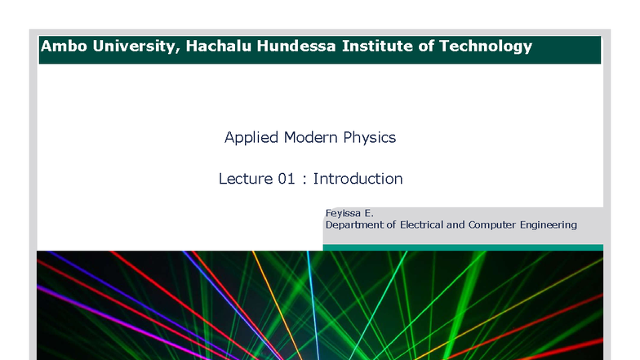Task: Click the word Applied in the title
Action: pos(251,138)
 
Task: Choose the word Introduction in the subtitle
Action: pos(358,179)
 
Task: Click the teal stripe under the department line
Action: pos(463,247)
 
